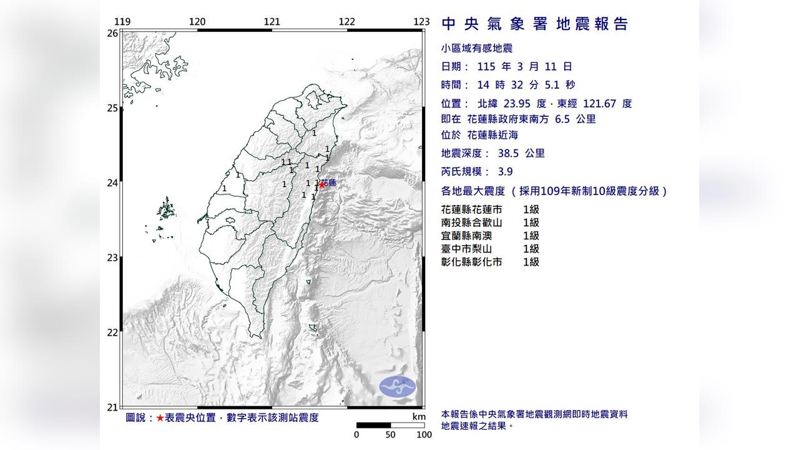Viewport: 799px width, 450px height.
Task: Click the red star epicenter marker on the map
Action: click(322, 184)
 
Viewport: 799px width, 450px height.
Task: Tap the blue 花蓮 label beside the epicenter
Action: click(331, 182)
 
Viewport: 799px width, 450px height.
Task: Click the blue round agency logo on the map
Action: click(398, 386)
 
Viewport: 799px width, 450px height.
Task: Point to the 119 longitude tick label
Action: click(122, 22)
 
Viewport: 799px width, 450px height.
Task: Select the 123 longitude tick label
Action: click(422, 22)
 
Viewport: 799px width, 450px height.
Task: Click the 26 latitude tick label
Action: click(112, 33)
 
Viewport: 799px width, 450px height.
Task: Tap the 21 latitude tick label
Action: click(112, 407)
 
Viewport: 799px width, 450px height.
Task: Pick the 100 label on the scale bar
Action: click(424, 435)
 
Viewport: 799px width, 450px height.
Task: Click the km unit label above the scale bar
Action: click(419, 417)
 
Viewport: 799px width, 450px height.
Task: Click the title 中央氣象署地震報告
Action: click(535, 24)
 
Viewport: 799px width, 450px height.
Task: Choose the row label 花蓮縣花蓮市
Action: click(471, 210)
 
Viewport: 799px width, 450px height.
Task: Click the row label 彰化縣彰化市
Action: click(471, 262)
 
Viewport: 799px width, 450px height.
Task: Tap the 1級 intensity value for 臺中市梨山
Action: click(531, 249)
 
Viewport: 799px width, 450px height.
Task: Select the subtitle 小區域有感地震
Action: click(477, 48)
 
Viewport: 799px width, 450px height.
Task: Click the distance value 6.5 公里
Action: click(575, 119)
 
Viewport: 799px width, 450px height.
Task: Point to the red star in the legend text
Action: click(160, 417)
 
